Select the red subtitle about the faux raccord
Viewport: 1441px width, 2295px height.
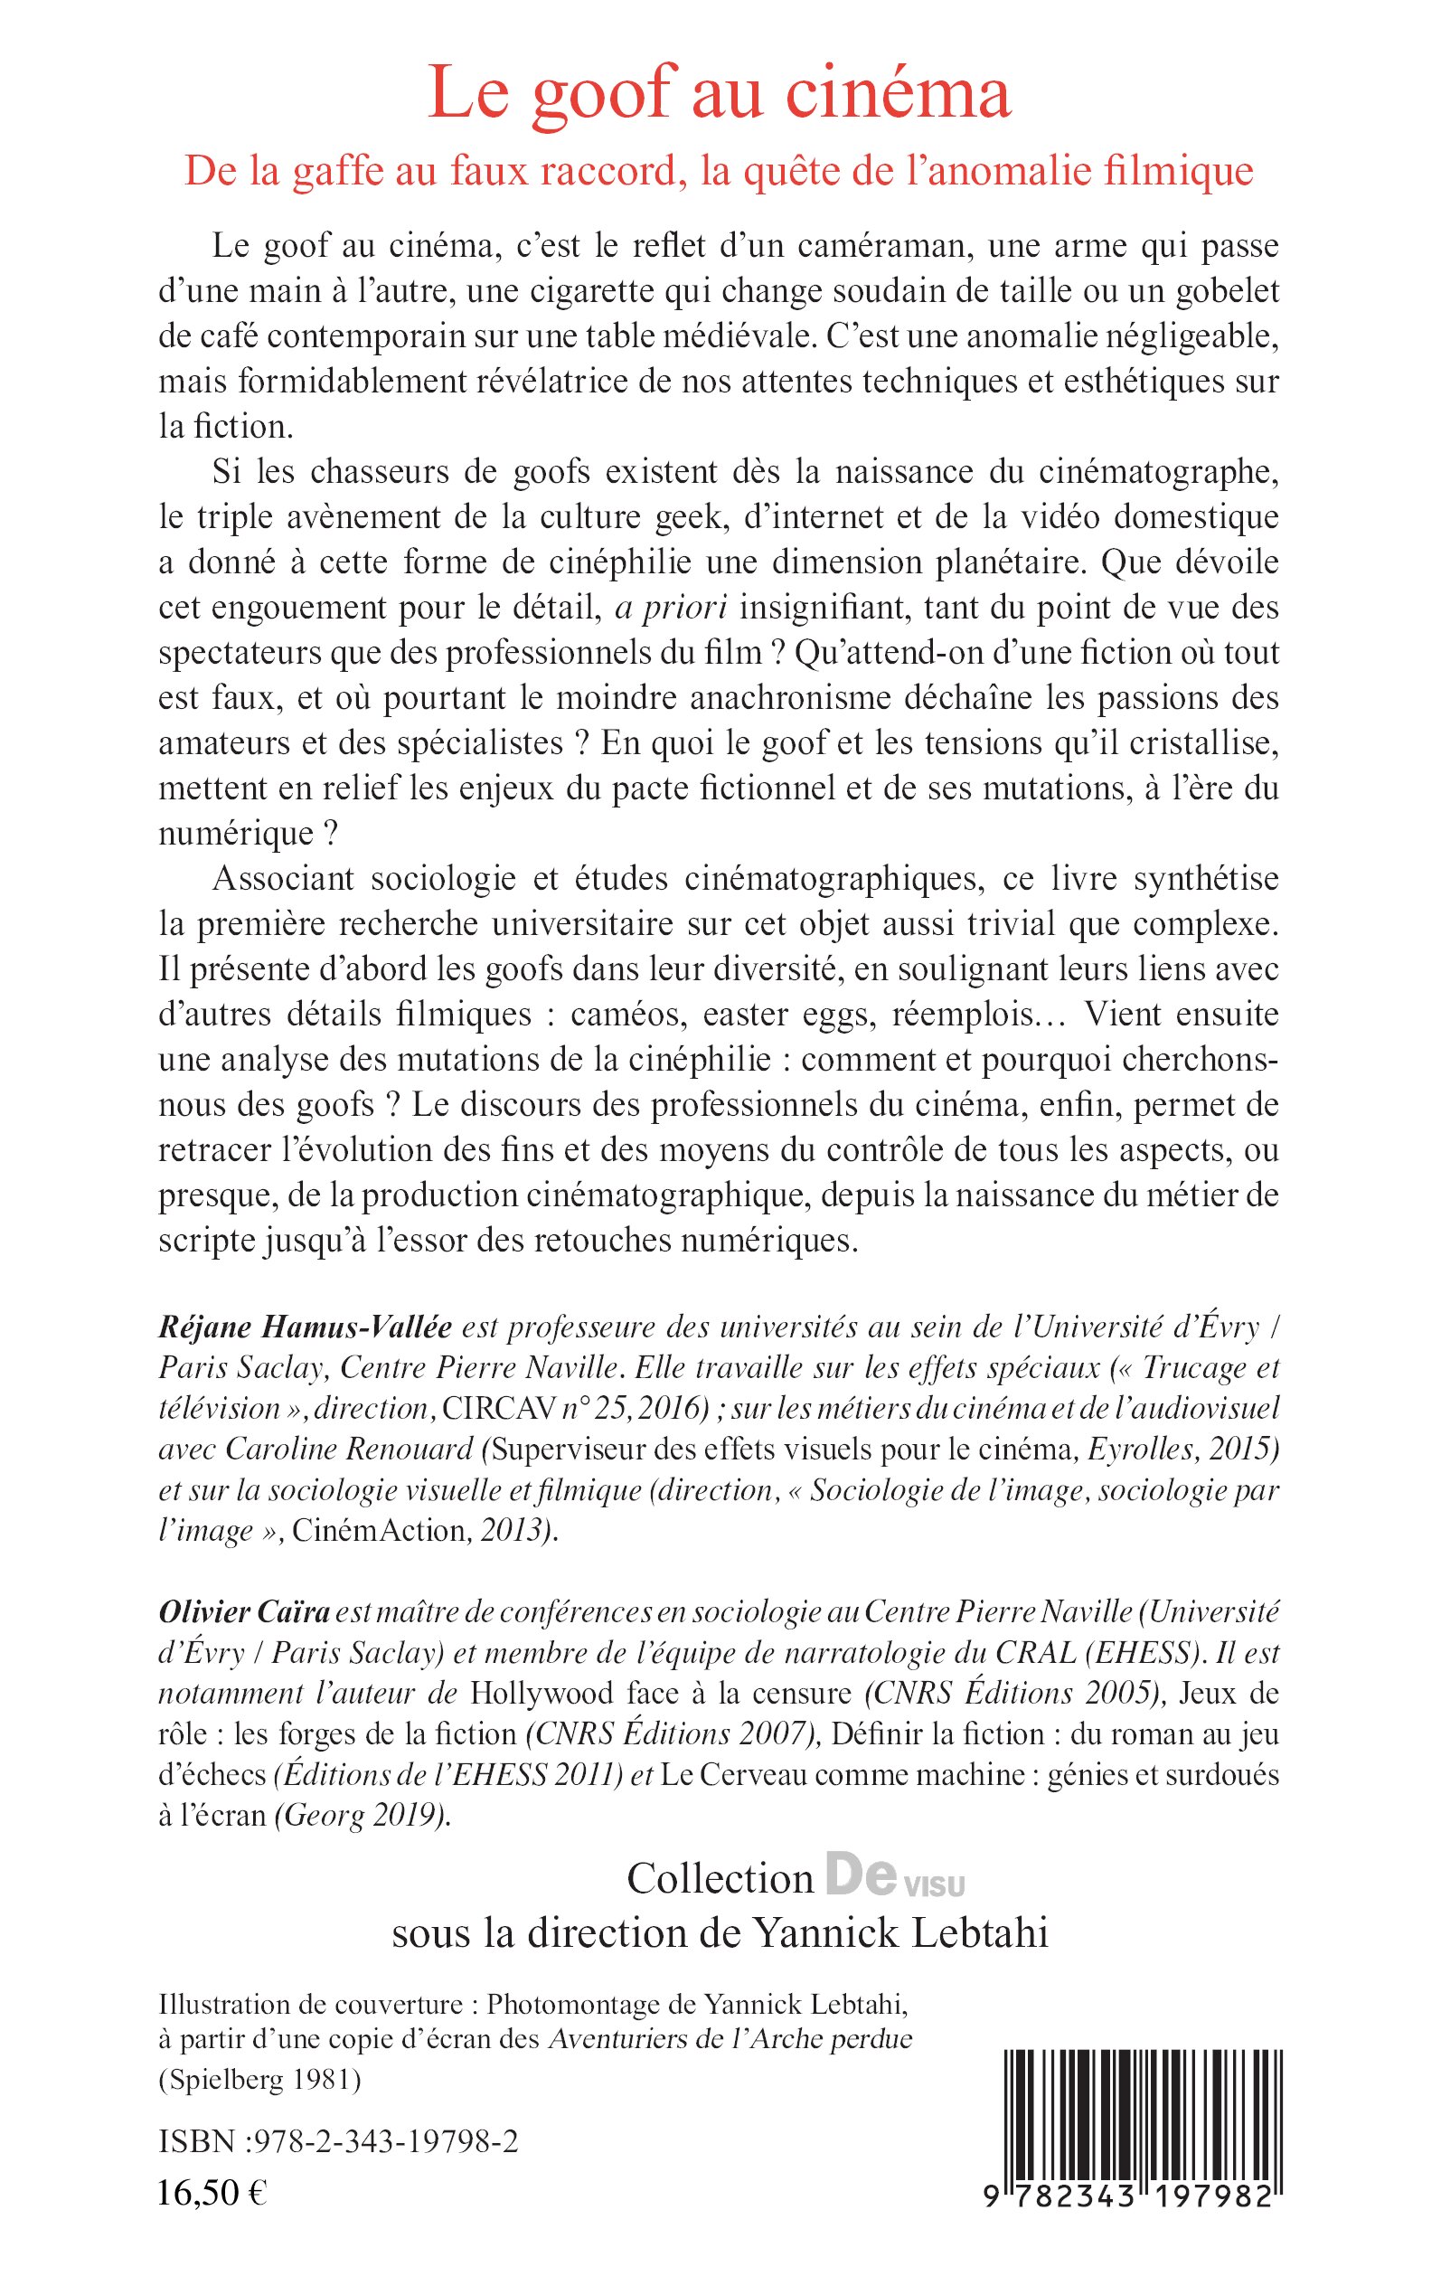click(x=720, y=172)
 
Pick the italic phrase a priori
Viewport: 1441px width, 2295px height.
click(x=667, y=607)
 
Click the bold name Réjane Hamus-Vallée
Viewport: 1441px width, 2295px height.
click(x=305, y=1327)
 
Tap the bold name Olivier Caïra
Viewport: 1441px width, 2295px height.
click(x=244, y=1611)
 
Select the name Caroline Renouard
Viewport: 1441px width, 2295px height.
click(x=349, y=1449)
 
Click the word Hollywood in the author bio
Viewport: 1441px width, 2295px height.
click(x=543, y=1694)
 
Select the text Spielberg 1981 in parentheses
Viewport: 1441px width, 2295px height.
click(x=259, y=2081)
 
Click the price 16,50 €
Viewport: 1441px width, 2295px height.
click(x=212, y=2192)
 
